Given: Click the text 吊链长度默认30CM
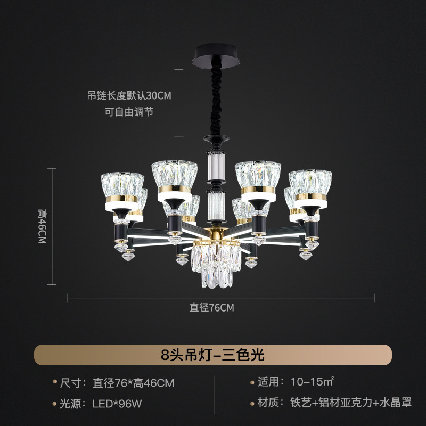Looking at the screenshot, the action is click(129, 96).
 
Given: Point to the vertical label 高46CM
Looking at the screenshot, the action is click(42, 226).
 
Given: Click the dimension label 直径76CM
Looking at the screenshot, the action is click(212, 307).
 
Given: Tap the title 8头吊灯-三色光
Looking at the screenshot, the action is click(212, 354).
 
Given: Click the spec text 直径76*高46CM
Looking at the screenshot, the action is click(134, 383).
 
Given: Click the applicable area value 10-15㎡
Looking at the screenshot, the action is click(312, 382).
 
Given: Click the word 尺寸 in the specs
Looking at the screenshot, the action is click(69, 383).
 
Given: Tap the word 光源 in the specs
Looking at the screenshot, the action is click(69, 404).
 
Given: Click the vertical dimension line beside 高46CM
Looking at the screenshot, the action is click(52, 226).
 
